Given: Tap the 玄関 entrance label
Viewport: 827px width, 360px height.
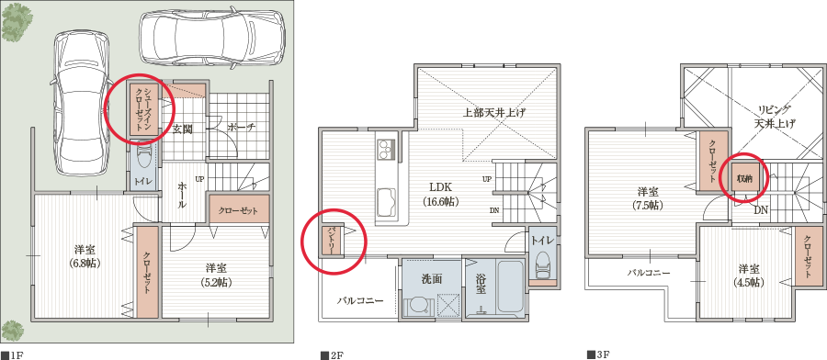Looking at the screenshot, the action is point(183,129).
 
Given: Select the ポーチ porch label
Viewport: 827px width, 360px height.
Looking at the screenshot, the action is point(242,127).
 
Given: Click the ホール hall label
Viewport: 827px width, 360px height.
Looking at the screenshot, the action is point(181,196).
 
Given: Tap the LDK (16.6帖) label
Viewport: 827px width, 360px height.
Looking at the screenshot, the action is point(440,194).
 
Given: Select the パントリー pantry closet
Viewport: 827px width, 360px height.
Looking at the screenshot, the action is point(332,241).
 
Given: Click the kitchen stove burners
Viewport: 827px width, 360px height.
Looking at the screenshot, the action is point(387,148).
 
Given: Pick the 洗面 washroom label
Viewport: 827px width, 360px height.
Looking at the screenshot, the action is point(431,279).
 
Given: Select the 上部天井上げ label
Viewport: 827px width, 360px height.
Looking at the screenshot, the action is point(493,112).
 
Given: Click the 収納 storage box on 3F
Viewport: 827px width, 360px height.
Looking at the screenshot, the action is point(744,178).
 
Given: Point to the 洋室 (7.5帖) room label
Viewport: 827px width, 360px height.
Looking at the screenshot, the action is point(651,198).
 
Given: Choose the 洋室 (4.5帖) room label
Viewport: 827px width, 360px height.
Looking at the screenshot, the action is point(750,276).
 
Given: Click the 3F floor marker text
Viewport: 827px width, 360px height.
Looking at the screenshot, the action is point(598,355).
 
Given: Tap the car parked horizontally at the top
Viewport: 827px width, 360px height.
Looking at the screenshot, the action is point(212,37).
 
